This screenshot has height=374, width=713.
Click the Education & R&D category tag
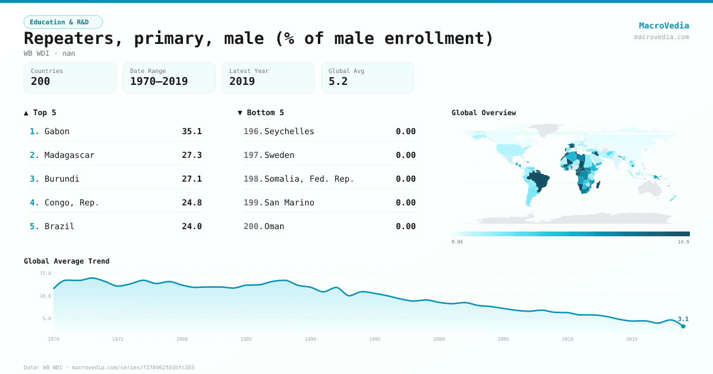[x=63, y=22]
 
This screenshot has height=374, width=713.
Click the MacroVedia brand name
[x=664, y=26]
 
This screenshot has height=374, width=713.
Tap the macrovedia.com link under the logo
[x=661, y=37]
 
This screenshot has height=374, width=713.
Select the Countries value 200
[x=40, y=81]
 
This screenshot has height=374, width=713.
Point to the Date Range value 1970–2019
[x=159, y=81]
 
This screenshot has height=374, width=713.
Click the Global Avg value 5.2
[x=338, y=81]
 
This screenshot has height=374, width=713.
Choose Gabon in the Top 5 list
[x=57, y=131]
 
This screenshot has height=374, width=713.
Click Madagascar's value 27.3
[x=191, y=155]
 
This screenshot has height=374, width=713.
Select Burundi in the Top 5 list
[x=62, y=179]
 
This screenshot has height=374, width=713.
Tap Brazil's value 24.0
[x=191, y=226]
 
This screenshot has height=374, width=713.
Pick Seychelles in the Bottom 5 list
[x=289, y=131]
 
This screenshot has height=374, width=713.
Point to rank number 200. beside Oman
[x=253, y=226]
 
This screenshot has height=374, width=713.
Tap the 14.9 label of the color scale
[x=683, y=242]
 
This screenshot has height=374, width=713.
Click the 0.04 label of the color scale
[x=457, y=242]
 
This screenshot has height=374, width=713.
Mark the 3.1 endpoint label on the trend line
[x=683, y=319]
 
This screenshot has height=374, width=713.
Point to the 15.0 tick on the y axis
[x=45, y=273]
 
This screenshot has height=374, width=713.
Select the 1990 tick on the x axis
[x=310, y=339]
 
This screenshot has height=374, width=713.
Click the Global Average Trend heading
[x=67, y=261]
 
